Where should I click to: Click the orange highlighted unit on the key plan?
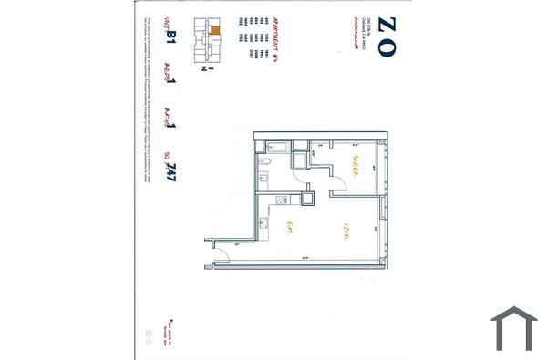click(215, 30)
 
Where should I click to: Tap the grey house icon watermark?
click(513, 327)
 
